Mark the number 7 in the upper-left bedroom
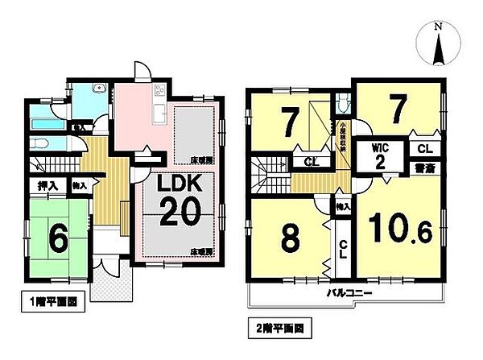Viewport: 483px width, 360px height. [287, 121]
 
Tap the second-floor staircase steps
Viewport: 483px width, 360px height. [264, 172]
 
